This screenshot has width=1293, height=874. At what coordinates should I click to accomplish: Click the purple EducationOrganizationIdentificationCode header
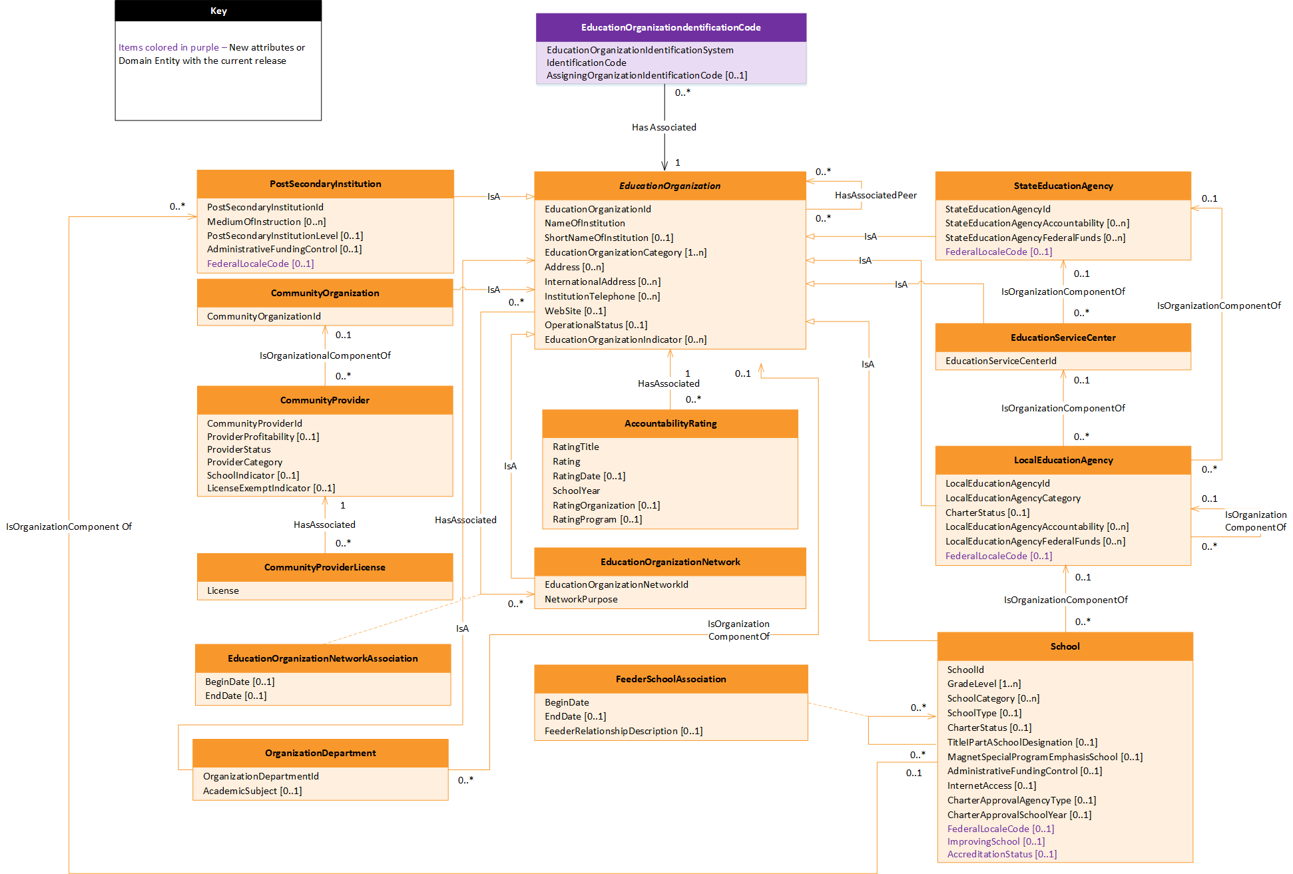670,27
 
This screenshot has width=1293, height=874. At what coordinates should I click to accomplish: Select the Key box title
218,11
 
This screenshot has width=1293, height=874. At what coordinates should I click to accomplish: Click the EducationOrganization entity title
669,186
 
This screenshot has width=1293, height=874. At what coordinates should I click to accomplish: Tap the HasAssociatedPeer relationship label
875,195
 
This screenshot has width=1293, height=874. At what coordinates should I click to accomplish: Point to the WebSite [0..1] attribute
575,311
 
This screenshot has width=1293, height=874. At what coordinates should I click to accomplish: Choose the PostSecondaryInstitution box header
325,184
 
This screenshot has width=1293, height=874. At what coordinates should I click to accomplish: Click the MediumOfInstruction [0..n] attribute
266,222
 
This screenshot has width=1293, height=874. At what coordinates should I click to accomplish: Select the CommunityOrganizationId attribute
264,316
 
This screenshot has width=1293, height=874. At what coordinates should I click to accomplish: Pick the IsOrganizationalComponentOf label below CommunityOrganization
325,355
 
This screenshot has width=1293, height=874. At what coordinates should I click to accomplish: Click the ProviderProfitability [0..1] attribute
262,437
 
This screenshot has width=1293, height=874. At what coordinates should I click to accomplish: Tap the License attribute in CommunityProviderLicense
222,590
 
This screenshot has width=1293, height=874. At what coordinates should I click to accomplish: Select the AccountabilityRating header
670,423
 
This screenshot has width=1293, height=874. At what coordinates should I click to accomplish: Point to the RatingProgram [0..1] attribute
597,519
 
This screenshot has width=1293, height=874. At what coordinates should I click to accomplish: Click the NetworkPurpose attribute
581,599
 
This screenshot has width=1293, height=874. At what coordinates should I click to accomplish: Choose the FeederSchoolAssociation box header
670,679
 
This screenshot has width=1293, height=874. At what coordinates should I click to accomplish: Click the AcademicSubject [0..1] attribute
252,791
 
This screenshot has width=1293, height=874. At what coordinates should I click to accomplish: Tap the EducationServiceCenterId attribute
1000,361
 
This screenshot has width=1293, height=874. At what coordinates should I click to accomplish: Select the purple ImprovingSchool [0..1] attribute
995,841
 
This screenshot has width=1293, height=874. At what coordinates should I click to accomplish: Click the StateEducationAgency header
1063,186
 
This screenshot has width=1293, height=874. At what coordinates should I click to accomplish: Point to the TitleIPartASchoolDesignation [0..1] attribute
1022,742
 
